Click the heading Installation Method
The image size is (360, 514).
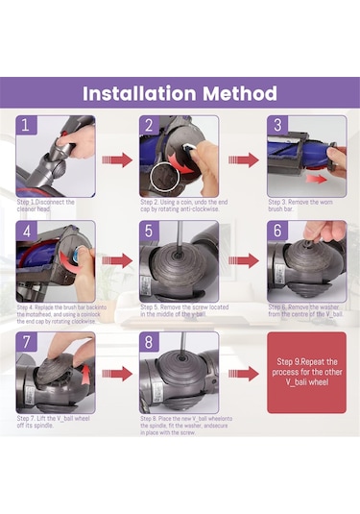(180, 93)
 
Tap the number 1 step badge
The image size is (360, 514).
(28, 127)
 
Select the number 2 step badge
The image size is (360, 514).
(150, 127)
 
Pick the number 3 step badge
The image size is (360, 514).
(276, 127)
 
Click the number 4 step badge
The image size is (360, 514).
(28, 233)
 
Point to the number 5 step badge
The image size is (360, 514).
(150, 233)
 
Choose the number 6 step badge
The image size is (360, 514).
(276, 233)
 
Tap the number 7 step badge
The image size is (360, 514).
(28, 343)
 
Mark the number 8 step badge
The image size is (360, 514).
(150, 343)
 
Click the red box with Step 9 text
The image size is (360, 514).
(305, 373)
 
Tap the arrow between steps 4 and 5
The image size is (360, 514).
(117, 261)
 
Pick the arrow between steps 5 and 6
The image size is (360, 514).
(244, 260)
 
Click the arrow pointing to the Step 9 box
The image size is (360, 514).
(244, 373)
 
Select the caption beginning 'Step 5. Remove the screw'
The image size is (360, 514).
(178, 310)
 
